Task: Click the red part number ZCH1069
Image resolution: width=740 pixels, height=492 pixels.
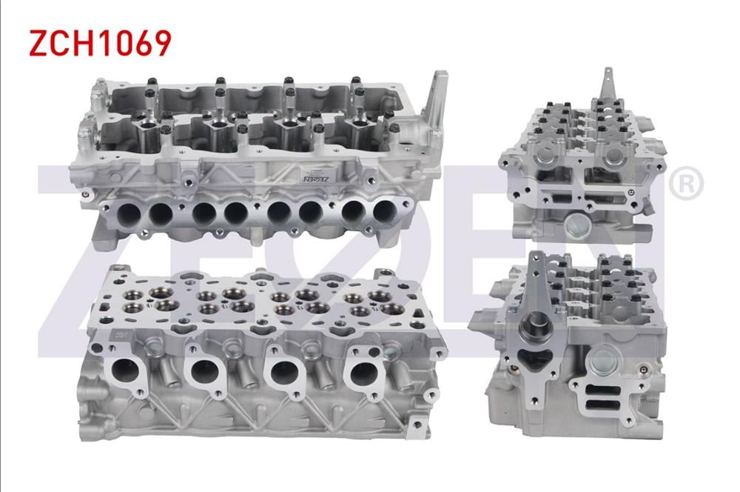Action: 100,44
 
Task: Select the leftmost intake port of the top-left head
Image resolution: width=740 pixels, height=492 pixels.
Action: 129,214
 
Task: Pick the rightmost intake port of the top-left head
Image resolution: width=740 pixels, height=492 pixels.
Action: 383,212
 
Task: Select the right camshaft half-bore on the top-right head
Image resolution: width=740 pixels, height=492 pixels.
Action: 615,153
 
